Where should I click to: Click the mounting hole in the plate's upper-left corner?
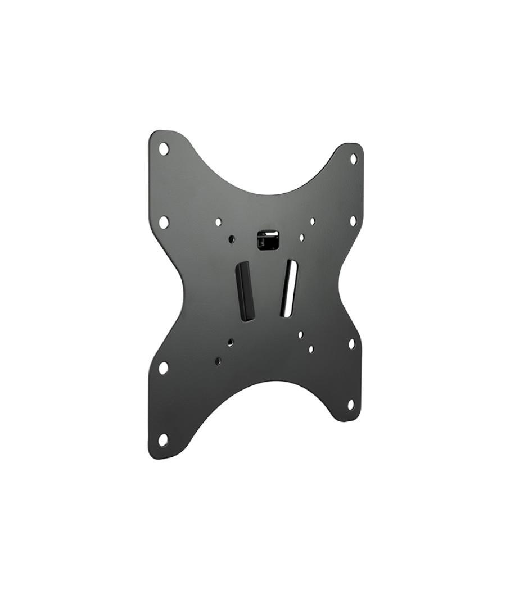click(x=164, y=149)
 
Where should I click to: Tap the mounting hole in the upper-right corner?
click(x=354, y=159)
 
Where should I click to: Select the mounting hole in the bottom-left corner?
click(x=163, y=440)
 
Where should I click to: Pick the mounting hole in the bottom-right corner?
click(x=351, y=405)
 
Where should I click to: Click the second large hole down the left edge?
click(x=164, y=222)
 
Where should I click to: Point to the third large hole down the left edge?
click(x=163, y=368)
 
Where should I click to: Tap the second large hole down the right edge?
click(x=353, y=221)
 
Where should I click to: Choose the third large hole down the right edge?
click(x=351, y=343)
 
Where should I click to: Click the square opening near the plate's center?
click(x=268, y=239)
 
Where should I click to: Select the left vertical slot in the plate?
click(x=244, y=291)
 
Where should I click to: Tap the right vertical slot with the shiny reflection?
click(x=288, y=287)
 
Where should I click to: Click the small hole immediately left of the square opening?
click(x=232, y=239)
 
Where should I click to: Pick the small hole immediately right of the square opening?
click(x=302, y=238)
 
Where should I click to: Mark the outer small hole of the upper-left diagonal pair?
click(x=219, y=223)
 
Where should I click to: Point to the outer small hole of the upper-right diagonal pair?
click(x=313, y=221)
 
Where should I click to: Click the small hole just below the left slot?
click(x=231, y=342)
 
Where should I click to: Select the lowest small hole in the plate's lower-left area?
click(x=218, y=361)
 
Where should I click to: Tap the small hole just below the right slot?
click(x=301, y=334)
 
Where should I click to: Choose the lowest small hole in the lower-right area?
click(x=311, y=350)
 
